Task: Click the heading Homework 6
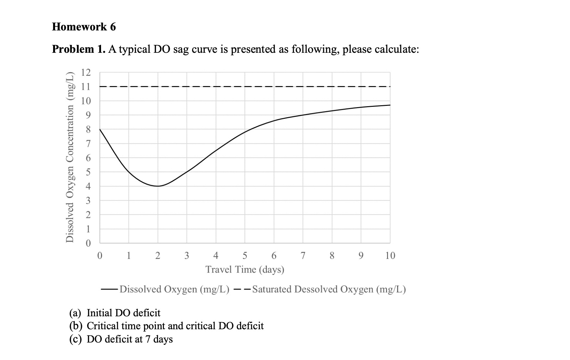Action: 84,27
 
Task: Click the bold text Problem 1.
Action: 78,49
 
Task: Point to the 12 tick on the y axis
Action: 86,72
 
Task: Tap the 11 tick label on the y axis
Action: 86,87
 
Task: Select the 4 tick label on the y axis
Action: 88,186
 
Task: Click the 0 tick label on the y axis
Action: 88,243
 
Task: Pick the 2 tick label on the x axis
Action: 158,256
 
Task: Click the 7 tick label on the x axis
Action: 303,256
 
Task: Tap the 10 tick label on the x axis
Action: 390,256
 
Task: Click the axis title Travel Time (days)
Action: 245,269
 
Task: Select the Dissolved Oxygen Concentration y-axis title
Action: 69,157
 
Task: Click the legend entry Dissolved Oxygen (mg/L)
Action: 174,289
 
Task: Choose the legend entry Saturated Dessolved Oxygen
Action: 328,289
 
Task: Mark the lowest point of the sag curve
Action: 158,186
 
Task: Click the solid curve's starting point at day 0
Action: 100,129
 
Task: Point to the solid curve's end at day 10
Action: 390,105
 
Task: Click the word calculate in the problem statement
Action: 396,49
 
